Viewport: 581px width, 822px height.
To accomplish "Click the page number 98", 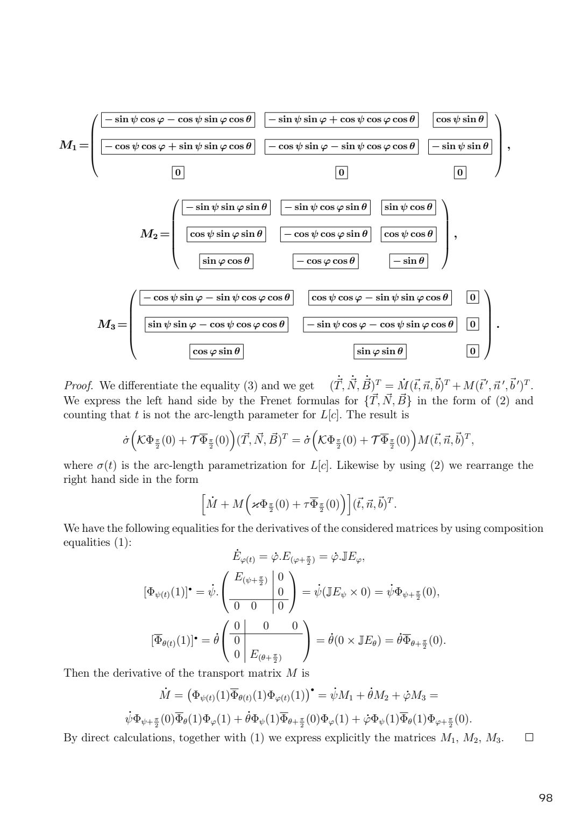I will tap(545, 798).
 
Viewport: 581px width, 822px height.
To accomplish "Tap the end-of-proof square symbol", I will tap(529, 737).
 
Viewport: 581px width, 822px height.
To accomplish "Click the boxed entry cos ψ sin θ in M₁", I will tap(460, 119).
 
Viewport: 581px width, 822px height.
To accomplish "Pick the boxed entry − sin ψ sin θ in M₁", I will tap(460, 146).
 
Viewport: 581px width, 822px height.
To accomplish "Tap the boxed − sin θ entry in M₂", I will tap(408, 261).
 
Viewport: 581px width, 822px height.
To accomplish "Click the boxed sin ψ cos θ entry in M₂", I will tap(408, 207).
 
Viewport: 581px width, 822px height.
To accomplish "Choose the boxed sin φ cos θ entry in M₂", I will tap(226, 261).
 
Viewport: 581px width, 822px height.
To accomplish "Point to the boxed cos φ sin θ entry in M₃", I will tap(216, 352).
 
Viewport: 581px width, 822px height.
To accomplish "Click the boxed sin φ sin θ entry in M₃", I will tap(380, 352).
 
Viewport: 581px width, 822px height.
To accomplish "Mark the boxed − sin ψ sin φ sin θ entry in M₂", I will tap(226, 207).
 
